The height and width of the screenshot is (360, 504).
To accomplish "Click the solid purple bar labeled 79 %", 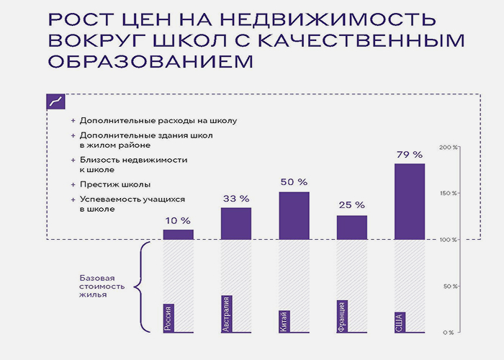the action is [x=410, y=202].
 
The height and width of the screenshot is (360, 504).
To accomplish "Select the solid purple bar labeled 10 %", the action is [x=179, y=235].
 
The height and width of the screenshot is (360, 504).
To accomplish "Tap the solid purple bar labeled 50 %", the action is [x=294, y=216].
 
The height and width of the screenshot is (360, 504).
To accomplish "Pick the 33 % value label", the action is [x=236, y=199].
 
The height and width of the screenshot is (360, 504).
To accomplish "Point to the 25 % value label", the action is [x=351, y=205].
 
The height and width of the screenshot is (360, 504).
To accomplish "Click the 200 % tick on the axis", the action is [x=449, y=147].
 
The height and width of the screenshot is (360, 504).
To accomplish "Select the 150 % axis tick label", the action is [x=449, y=194].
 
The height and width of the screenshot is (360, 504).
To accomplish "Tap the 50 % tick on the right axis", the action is [x=450, y=286].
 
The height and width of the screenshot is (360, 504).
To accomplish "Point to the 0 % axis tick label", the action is [x=449, y=333].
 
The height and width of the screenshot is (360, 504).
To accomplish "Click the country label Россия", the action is [x=168, y=318].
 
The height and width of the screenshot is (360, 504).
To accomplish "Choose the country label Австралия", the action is [x=226, y=314].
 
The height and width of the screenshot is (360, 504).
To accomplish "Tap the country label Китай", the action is [x=284, y=321].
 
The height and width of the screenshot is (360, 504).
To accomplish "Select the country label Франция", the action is [x=342, y=316].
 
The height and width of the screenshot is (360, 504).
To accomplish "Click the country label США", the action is [x=400, y=322].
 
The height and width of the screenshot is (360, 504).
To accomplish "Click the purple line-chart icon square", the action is [x=56, y=102].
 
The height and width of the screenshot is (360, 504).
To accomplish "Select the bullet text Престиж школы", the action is [x=115, y=184].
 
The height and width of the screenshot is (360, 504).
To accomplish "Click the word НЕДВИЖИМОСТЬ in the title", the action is [x=328, y=19].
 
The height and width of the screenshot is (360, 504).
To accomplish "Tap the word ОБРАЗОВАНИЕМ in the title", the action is [x=150, y=61].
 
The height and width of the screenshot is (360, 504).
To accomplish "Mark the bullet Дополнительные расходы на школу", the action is [x=158, y=121].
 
